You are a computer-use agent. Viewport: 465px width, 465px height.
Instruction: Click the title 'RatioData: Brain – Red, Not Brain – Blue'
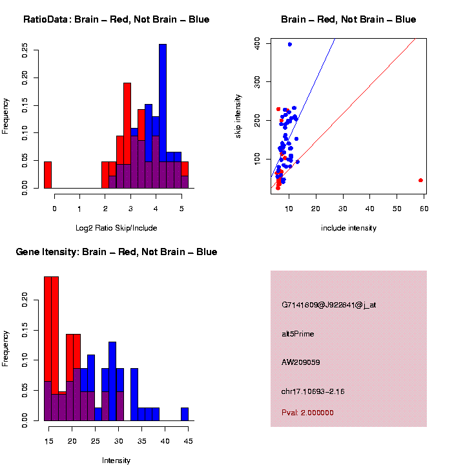(x=116, y=19)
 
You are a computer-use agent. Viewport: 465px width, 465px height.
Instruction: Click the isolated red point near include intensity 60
(x=420, y=180)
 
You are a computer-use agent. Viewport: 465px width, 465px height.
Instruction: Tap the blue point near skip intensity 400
(x=289, y=45)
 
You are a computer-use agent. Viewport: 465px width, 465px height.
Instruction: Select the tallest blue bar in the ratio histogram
(x=163, y=116)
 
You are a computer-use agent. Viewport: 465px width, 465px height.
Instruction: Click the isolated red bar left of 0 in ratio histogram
(x=48, y=174)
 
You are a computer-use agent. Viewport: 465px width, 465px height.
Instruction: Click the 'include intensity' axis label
(x=349, y=228)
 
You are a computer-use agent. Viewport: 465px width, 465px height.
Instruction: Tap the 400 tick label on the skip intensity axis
(x=256, y=42)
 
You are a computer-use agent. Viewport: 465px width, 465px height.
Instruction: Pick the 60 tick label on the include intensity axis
(x=424, y=208)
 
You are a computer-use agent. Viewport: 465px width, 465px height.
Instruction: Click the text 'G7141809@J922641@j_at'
(x=329, y=305)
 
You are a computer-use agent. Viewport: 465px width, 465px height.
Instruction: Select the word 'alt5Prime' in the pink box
(x=298, y=334)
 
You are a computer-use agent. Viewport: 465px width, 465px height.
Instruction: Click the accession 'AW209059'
(x=301, y=362)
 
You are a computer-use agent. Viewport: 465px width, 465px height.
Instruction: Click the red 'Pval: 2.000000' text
(x=308, y=413)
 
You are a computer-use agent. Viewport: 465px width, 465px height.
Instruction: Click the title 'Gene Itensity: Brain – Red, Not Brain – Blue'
(x=116, y=252)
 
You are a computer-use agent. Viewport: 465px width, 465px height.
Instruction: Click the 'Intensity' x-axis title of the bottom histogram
(x=116, y=460)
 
